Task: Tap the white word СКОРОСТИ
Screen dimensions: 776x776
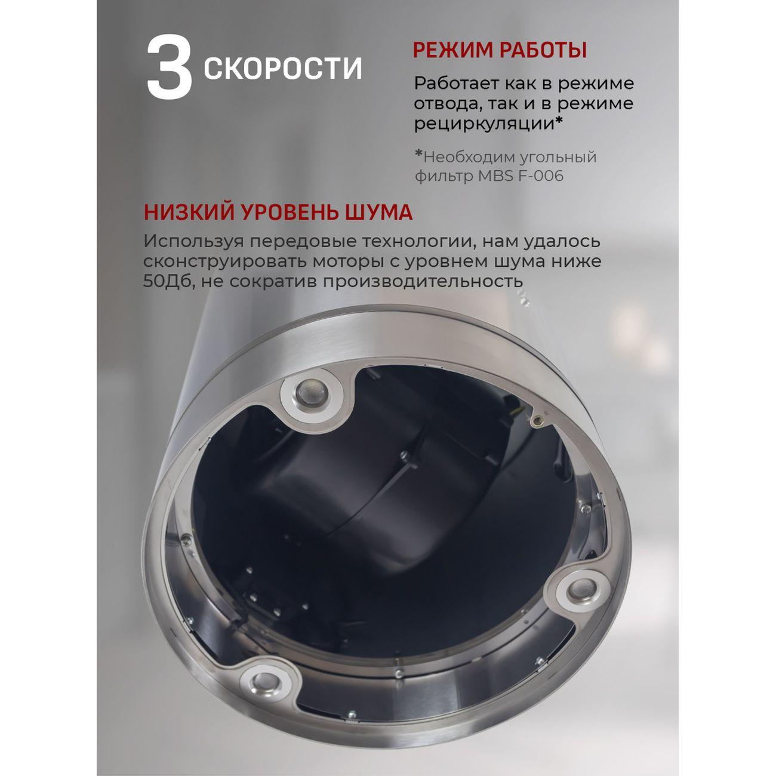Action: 283,68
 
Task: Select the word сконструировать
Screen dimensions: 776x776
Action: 224,262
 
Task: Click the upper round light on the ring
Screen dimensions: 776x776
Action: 312,391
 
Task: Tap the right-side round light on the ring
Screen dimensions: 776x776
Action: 581,591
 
